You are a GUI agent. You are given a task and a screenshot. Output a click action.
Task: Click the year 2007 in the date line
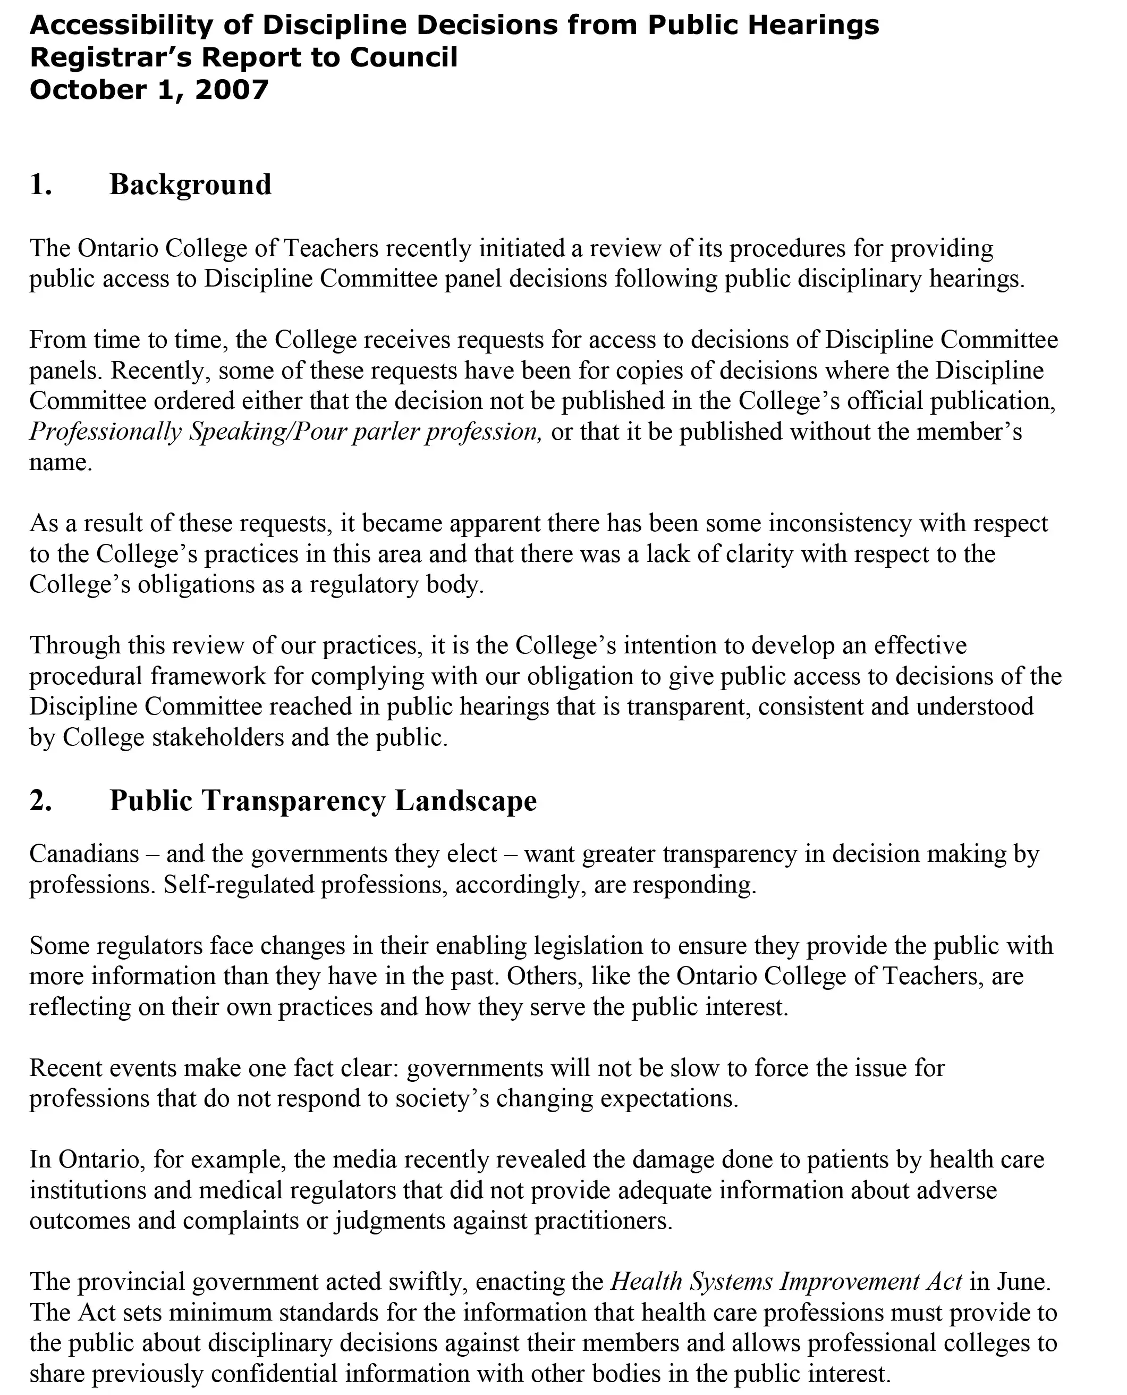231,90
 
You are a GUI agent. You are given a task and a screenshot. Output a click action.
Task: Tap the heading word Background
190,184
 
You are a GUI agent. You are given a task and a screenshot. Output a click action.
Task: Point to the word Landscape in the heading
465,800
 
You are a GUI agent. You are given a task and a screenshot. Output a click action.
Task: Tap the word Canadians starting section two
84,853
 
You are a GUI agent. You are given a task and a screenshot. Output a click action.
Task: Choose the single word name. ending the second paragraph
61,462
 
